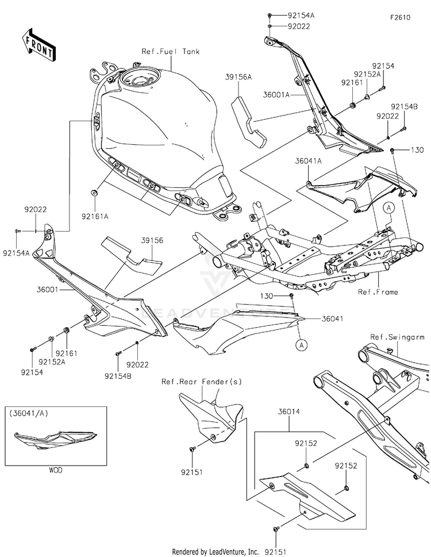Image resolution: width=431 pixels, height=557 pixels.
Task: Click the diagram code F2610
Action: point(400,17)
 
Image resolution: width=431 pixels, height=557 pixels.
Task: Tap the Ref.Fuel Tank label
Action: point(171,52)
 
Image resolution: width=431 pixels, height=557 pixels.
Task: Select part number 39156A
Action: point(238,76)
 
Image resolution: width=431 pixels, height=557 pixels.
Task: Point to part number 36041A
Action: point(308,161)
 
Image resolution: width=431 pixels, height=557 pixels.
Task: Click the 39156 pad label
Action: point(152,240)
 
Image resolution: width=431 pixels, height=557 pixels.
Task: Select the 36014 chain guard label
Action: point(288,412)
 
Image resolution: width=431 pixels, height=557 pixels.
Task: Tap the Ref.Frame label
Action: point(378,292)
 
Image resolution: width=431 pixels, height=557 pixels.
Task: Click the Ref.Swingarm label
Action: point(397,337)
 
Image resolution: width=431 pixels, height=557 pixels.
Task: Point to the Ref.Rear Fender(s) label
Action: point(202,382)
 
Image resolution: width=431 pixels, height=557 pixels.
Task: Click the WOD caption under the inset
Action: point(56,470)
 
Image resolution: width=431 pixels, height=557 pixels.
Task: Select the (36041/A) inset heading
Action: point(29,413)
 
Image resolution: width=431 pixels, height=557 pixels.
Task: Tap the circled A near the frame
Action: point(389,208)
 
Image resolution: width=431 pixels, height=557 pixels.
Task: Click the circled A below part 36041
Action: point(302,344)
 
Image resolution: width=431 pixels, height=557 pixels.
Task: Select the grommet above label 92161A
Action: point(95,193)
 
